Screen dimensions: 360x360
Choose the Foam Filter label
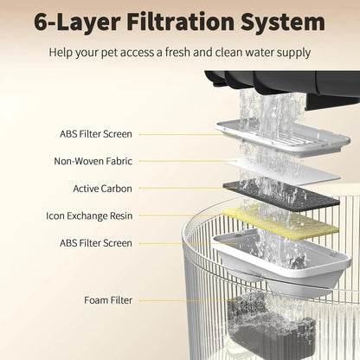click(x=109, y=300)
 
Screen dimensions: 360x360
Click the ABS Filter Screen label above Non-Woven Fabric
click(x=96, y=134)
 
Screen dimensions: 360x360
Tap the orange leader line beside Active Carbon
click(x=177, y=188)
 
